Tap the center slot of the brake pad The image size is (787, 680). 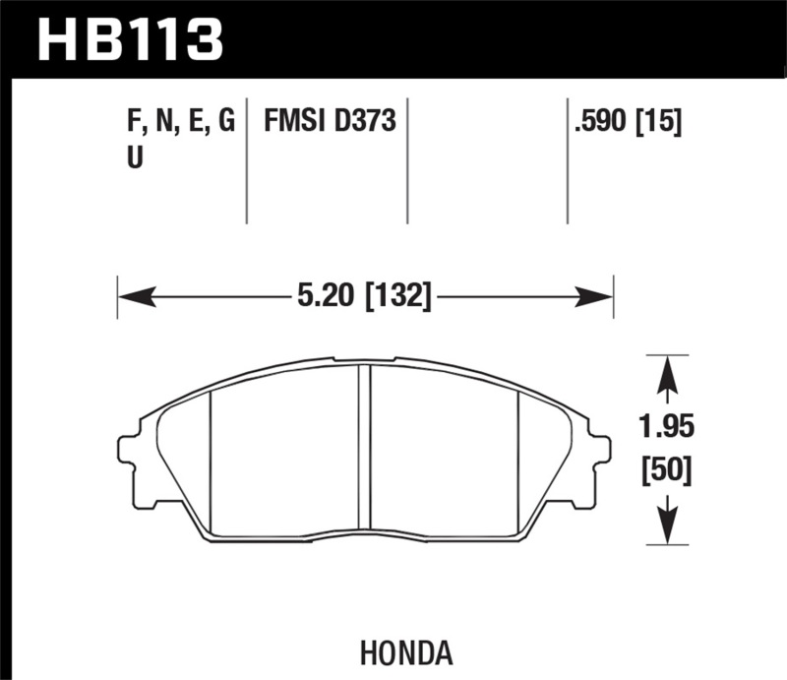click(x=364, y=448)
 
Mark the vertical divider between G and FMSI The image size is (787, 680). click(x=246, y=162)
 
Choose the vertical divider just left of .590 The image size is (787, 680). click(x=567, y=162)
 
